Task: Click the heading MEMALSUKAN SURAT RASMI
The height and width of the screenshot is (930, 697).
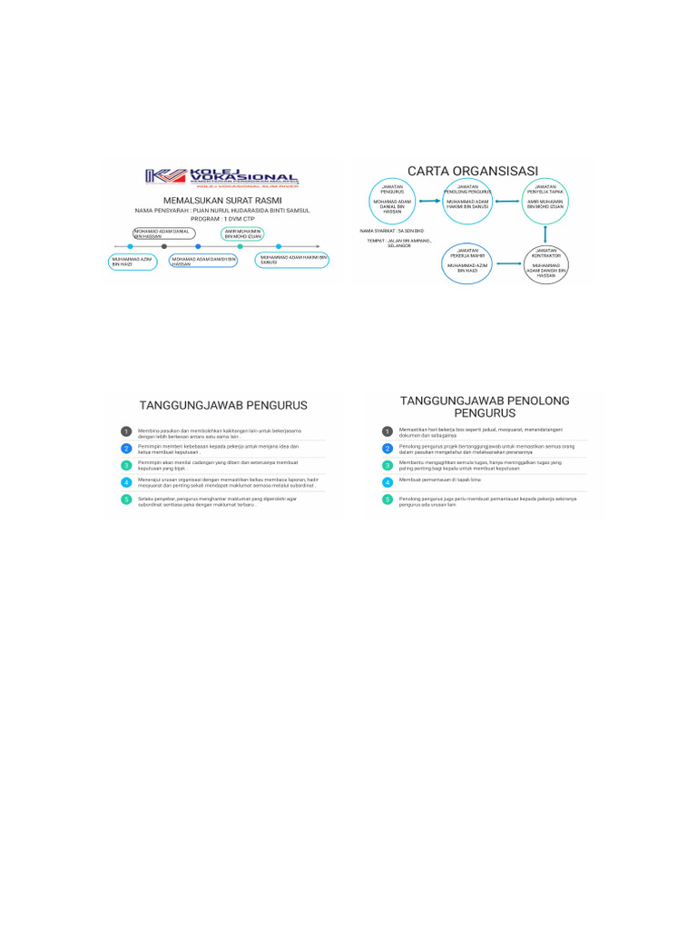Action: [x=221, y=200]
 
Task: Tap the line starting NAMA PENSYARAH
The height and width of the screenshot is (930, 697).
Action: [x=223, y=210]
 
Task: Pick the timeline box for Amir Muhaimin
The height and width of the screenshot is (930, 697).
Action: [x=243, y=233]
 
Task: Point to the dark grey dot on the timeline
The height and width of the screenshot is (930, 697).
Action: [x=164, y=246]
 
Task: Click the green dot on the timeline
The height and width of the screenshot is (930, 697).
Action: [x=240, y=246]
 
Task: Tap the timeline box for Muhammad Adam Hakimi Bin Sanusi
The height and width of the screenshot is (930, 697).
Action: [x=292, y=260]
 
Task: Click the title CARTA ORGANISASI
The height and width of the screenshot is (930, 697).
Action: [x=473, y=171]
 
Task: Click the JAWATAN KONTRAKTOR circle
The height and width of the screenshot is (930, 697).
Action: [x=545, y=264]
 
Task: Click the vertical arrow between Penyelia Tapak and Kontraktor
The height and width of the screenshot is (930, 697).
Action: [x=545, y=233]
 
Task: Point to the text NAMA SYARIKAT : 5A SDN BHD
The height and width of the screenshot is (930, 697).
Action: [x=392, y=232]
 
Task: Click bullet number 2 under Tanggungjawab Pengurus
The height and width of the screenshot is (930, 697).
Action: [x=127, y=449]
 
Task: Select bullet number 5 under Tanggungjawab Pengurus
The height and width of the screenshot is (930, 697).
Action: [x=127, y=500]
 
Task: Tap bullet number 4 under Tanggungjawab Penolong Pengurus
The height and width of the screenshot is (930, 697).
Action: [x=388, y=482]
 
